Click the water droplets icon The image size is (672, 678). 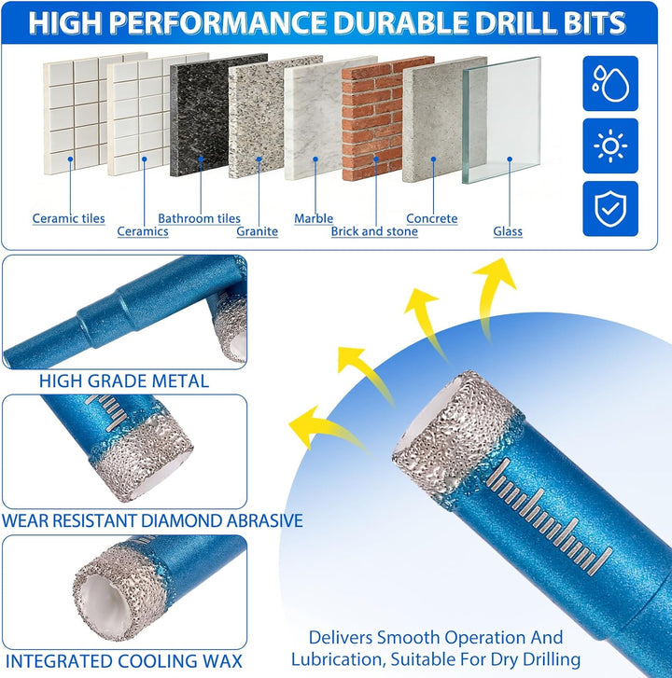[610, 83]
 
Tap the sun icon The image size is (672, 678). [610, 146]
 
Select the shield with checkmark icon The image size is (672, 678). [610, 209]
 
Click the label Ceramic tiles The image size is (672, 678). [69, 218]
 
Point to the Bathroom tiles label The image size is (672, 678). [199, 218]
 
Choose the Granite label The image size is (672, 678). [257, 231]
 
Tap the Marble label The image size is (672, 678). [314, 218]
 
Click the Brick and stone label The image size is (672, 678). [374, 231]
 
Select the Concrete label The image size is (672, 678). [432, 218]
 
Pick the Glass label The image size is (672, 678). [508, 231]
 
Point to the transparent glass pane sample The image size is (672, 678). [502, 119]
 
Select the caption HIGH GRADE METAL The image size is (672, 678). [124, 381]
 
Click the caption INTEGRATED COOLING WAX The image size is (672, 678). [124, 661]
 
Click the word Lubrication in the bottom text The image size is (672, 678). [337, 660]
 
